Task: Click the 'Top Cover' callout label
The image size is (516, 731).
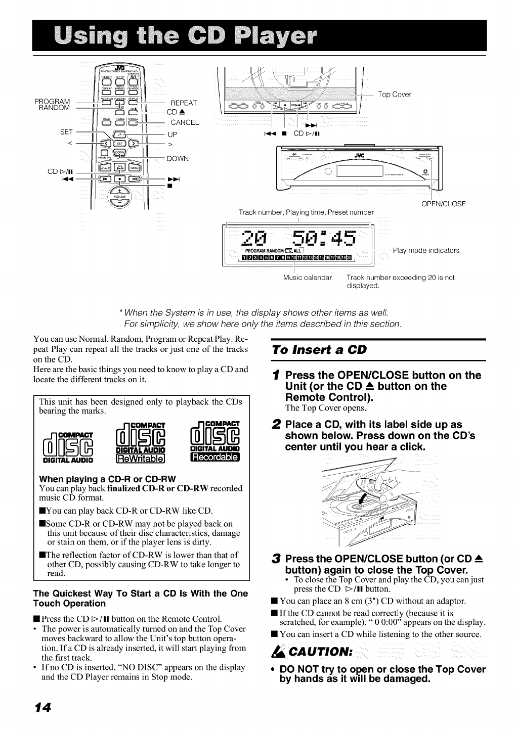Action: pos(395,95)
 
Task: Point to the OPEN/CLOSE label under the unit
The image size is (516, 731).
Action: pos(443,204)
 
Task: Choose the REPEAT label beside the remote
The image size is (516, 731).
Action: pos(184,103)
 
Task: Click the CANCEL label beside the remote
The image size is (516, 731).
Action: pos(185,122)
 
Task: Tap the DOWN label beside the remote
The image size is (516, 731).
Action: pos(177,159)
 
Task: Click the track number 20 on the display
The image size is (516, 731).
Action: pos(253,238)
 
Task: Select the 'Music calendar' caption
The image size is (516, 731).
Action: pos(308,278)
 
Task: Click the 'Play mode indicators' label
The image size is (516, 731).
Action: pos(426,250)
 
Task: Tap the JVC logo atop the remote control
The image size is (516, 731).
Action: pos(120,68)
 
